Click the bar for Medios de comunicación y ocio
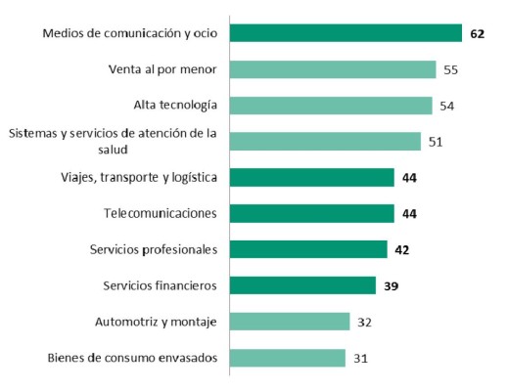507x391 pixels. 346,33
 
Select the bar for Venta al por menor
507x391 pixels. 333,69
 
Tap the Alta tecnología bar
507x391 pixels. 331,106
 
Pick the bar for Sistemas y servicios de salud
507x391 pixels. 325,142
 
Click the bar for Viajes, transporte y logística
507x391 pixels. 312,177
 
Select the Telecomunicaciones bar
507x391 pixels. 312,213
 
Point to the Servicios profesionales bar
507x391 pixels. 308,249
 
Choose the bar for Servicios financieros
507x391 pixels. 302,285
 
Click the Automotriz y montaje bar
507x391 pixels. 290,322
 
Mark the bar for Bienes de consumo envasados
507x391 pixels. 288,358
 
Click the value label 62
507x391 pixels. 478,33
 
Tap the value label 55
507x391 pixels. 451,69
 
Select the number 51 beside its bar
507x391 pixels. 437,142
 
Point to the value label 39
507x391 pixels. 392,285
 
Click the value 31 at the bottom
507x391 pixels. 361,358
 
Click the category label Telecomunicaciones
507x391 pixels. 161,213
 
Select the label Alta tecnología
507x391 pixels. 174,106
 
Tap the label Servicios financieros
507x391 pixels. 160,285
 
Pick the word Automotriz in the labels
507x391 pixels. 127,322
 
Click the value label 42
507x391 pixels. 402,249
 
